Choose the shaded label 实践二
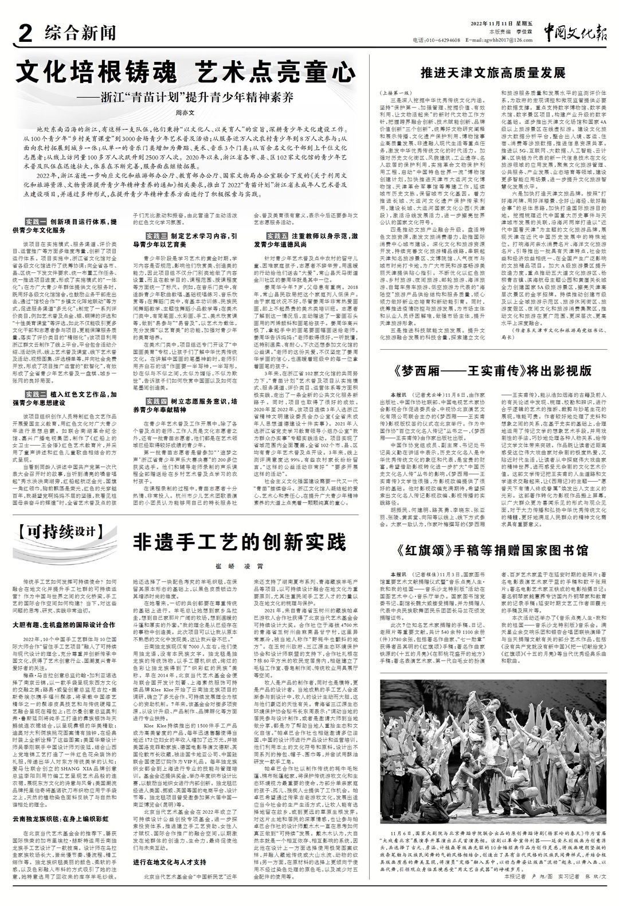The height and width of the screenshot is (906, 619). tap(36, 395)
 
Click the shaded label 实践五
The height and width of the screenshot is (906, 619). tap(278, 236)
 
